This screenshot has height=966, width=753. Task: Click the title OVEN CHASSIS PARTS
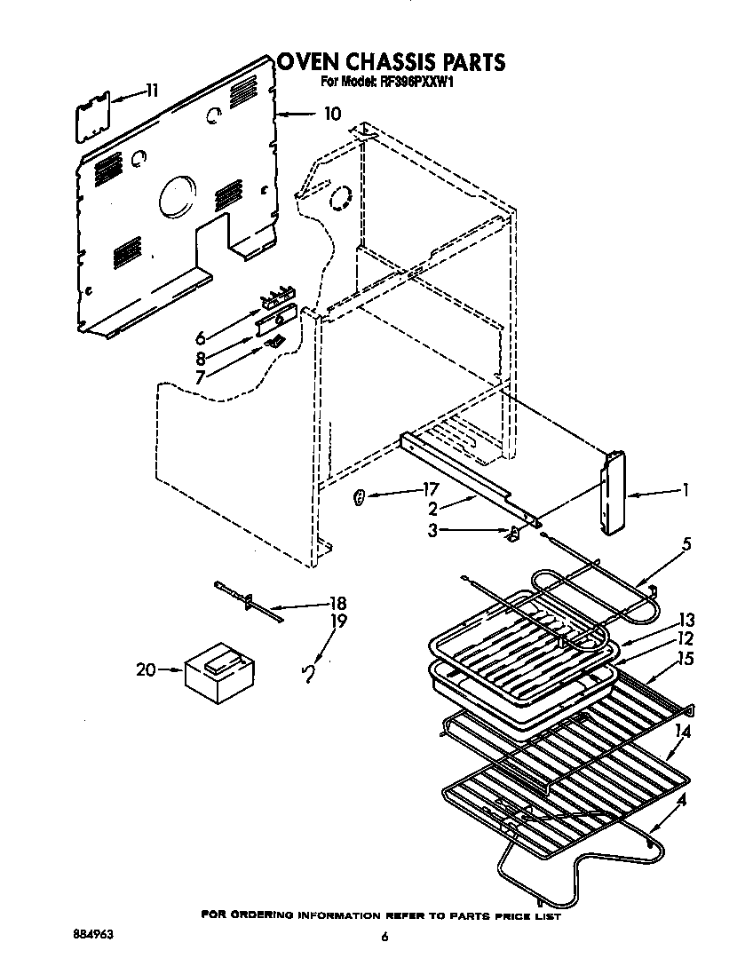(391, 62)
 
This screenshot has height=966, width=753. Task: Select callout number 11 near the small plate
(152, 90)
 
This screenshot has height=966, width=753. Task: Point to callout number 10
(331, 114)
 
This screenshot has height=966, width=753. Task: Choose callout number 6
(200, 338)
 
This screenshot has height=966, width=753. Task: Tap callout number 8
(200, 359)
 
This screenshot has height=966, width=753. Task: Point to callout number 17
(431, 489)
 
